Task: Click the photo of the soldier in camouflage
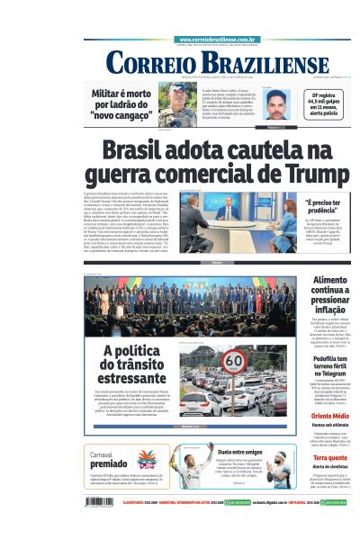click(x=177, y=104)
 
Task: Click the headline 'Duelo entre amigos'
click(x=238, y=452)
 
